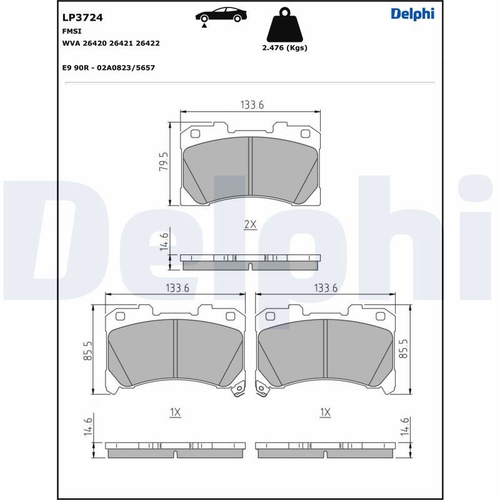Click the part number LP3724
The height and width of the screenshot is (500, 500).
coord(82,17)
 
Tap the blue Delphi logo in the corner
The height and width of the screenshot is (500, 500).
coord(412,14)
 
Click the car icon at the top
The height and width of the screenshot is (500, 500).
coord(221,17)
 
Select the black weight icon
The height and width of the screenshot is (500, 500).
coord(284,26)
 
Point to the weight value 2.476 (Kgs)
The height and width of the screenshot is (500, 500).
coord(285,48)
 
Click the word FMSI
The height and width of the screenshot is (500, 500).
coord(72,31)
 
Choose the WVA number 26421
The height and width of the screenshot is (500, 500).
coord(121,43)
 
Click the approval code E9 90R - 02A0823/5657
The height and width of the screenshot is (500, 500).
coord(108,67)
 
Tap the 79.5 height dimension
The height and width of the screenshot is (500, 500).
coord(164,161)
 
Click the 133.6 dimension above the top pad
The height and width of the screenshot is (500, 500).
coord(252,104)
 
